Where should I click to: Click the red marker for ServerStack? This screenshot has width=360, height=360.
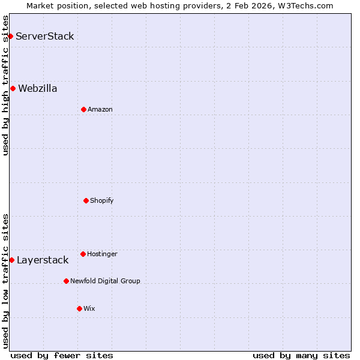[10, 36]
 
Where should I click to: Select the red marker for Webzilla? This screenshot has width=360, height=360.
[13, 88]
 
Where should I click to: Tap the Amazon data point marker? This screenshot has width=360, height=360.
[83, 109]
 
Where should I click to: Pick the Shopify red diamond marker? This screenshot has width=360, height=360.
[86, 200]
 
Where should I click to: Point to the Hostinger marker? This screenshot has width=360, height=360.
[83, 254]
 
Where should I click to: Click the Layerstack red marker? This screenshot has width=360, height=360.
[11, 260]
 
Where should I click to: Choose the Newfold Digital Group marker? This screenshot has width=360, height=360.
[66, 281]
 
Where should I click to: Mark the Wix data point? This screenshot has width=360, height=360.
[79, 308]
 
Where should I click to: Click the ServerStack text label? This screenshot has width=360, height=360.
[45, 36]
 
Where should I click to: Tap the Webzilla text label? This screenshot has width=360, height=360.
[38, 88]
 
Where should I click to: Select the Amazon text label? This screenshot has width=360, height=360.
[100, 109]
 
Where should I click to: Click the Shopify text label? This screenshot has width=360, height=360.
[102, 200]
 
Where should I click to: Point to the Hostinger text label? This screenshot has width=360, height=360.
[102, 254]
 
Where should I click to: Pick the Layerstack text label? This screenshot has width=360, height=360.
[43, 260]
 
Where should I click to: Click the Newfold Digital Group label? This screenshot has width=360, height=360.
[105, 281]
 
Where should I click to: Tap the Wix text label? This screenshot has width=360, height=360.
[89, 308]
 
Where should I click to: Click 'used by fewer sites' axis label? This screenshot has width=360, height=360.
[62, 355]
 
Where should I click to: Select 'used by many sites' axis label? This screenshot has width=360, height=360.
[301, 355]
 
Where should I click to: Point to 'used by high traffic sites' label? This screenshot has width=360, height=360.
[5, 85]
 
